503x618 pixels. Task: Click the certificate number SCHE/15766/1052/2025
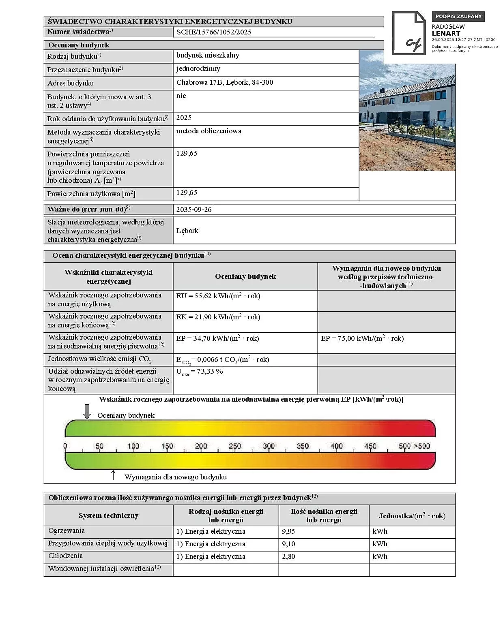[x=213, y=32]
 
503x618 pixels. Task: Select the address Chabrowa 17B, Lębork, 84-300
[x=225, y=82]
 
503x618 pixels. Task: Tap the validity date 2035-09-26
[x=194, y=210]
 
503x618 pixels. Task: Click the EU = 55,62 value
[x=218, y=296]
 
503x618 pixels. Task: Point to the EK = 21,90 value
[x=218, y=317]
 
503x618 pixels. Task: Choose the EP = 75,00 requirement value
[x=362, y=338]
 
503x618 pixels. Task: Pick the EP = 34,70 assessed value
[x=217, y=338]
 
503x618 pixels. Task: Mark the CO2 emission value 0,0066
[x=223, y=360]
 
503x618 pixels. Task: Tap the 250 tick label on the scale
[x=235, y=446]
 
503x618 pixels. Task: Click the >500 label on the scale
[x=422, y=446]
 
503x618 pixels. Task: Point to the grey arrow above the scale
[x=87, y=411]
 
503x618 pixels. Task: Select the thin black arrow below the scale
[x=113, y=475]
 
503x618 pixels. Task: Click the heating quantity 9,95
[x=288, y=531]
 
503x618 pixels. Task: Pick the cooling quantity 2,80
[x=288, y=556]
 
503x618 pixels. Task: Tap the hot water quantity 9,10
[x=288, y=544]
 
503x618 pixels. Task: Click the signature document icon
[x=408, y=33]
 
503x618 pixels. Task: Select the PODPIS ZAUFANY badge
[x=458, y=17]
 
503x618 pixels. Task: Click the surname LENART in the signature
[x=446, y=34]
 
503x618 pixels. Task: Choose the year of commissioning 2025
[x=184, y=118]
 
